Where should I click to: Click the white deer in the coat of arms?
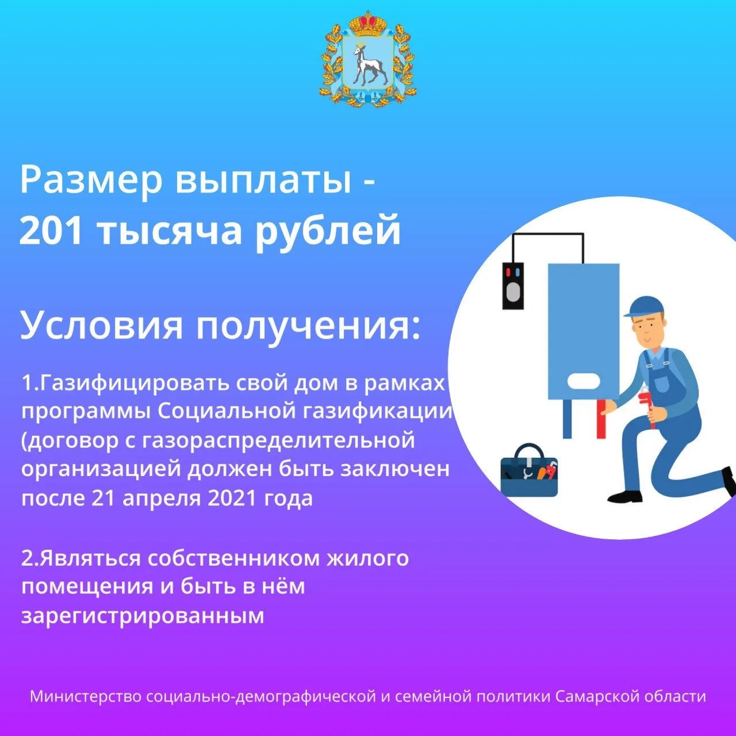[x=367, y=63]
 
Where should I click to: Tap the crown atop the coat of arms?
[x=368, y=24]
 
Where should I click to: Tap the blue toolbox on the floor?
[x=529, y=471]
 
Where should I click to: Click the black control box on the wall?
[x=512, y=286]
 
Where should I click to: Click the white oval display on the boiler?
[x=584, y=381]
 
